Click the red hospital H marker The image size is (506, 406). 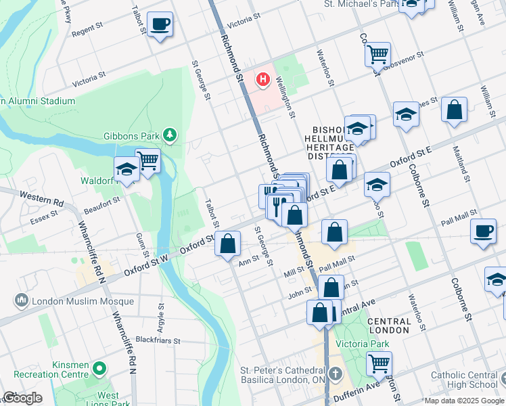[263, 81]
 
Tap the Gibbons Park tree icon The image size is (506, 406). [170, 135]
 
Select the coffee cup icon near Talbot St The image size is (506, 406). [160, 25]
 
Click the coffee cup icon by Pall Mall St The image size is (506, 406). [483, 231]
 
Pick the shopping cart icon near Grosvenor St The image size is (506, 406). [377, 53]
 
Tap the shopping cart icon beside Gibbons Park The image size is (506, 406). [147, 161]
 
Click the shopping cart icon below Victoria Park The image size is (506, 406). [379, 363]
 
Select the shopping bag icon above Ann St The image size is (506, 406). [228, 244]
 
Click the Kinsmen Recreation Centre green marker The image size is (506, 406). [100, 369]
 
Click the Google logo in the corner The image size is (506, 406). [22, 398]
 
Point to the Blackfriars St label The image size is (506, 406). [158, 340]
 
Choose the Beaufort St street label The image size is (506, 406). [101, 200]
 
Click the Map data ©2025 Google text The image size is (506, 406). [464, 400]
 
